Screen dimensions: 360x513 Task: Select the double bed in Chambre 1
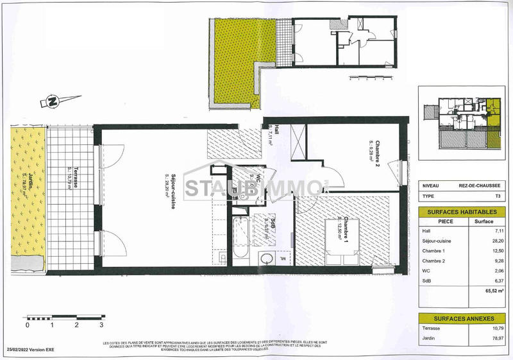(x=342, y=250)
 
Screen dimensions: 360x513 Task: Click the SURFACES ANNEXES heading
(x=458, y=319)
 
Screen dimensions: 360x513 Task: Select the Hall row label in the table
(x=427, y=230)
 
